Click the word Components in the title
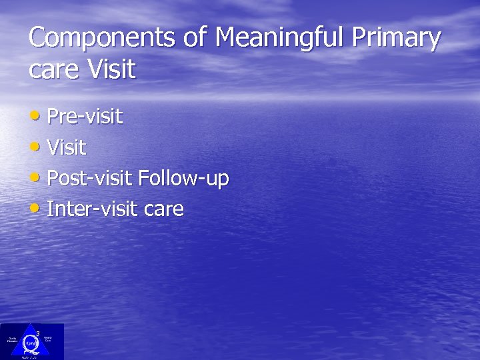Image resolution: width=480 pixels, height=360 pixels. coord(104,38)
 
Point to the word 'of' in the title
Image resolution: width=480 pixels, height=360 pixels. coord(195,38)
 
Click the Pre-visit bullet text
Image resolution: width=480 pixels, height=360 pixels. coord(85,117)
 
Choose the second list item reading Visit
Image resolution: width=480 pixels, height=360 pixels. coord(67,147)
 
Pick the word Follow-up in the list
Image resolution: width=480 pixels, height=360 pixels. coord(183,179)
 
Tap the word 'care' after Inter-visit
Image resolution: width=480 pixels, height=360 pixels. coord(163,210)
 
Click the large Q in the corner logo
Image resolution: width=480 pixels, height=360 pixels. coord(31,343)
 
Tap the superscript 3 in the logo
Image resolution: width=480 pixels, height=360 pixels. coord(37,333)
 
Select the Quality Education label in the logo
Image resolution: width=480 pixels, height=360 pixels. coord(12,340)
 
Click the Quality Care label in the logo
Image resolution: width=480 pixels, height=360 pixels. coord(49,340)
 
